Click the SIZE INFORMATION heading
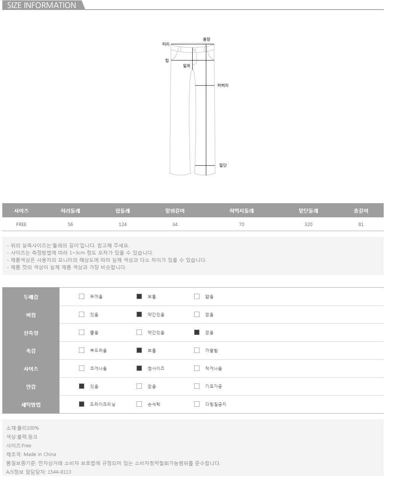(x=41, y=5)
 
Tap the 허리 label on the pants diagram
(x=166, y=44)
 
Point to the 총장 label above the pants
(x=206, y=39)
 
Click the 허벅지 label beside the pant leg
(x=223, y=85)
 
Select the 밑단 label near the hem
(x=223, y=165)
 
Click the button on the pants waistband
(x=195, y=50)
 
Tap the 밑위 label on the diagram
(x=187, y=66)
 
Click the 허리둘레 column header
(x=70, y=210)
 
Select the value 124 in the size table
(x=122, y=224)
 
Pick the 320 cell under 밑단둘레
(x=308, y=224)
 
